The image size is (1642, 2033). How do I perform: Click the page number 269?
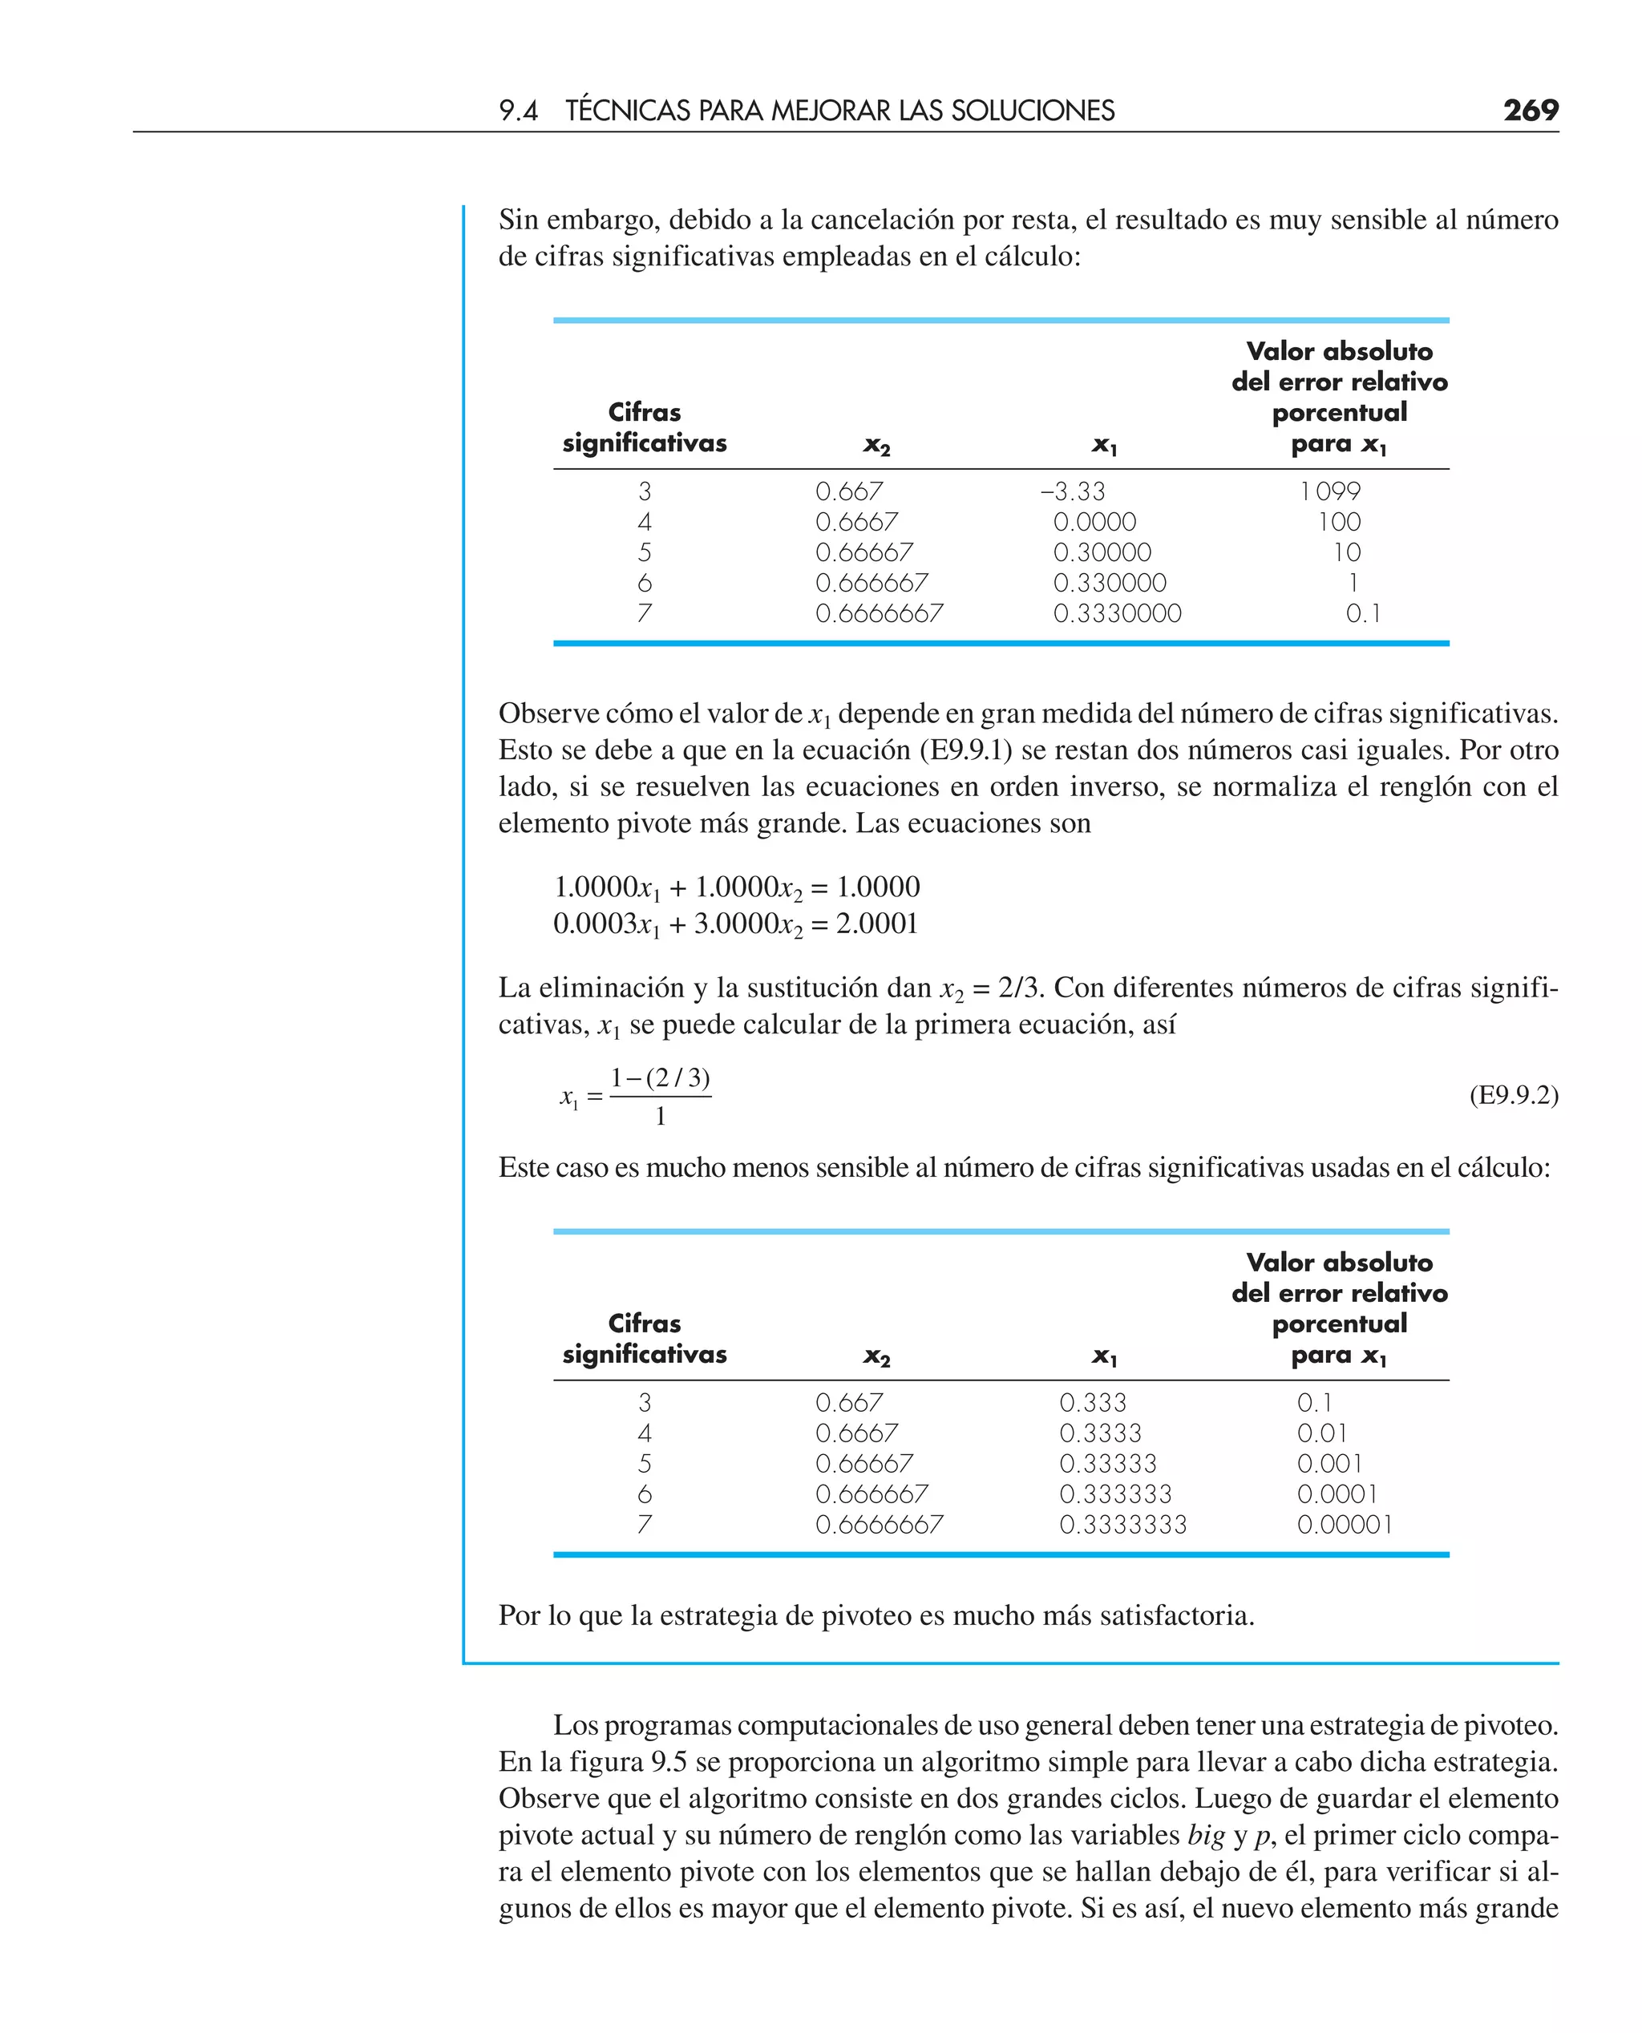(1531, 110)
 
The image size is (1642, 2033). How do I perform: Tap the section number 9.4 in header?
(518, 111)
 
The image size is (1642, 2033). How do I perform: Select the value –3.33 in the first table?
(1072, 491)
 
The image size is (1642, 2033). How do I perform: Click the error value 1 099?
(1330, 491)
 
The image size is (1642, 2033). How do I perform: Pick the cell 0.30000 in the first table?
(1102, 552)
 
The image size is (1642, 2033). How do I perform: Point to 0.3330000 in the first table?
(1117, 614)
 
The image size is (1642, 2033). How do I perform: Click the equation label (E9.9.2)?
(1514, 1095)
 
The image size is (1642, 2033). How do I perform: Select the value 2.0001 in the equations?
(877, 924)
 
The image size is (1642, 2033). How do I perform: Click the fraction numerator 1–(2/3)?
(660, 1078)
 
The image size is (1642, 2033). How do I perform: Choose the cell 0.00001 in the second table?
(1344, 1524)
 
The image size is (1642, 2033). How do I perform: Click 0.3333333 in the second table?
(1122, 1524)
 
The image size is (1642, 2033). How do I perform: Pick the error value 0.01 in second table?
(1321, 1433)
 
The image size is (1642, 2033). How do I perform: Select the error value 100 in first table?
(1339, 522)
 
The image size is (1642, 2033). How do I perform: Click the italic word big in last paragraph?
(1206, 1835)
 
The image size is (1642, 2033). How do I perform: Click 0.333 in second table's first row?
(1093, 1402)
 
